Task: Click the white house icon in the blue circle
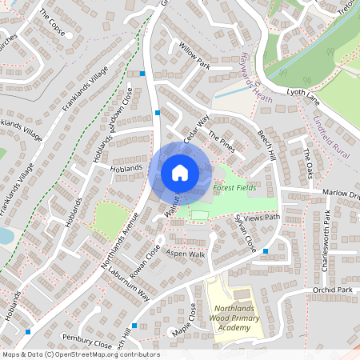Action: coord(180,172)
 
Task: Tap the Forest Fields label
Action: coord(234,188)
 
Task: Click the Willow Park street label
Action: coord(194,55)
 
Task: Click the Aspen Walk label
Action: coord(186,254)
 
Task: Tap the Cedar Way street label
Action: coord(196,129)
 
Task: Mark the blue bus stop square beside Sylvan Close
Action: coord(266,251)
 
